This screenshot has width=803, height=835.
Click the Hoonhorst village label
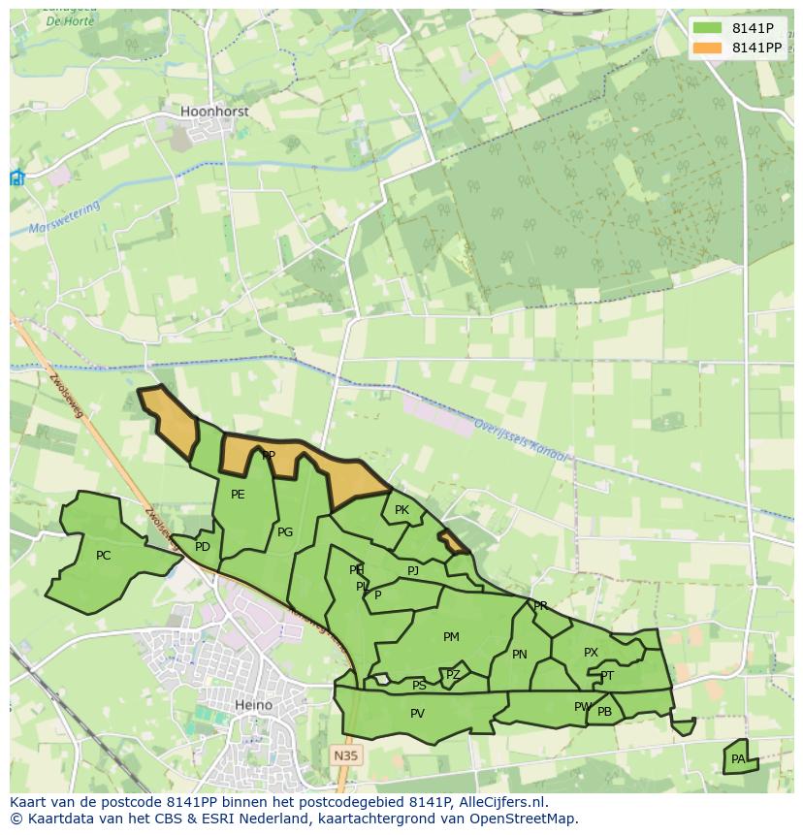coord(214,112)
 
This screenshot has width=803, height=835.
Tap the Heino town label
coord(253,705)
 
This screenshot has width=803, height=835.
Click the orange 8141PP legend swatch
coord(708,48)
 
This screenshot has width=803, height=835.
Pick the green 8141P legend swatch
coord(708,28)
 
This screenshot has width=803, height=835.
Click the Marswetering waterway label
coord(65,220)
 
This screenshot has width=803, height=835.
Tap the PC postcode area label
coord(104,556)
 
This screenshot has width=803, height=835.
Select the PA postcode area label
coord(738,758)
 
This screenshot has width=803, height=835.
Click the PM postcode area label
coord(451,637)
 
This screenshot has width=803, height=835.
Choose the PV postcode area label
coord(417,714)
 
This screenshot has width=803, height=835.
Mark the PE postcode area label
coord(238,495)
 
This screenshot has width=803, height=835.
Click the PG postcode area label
coord(285,532)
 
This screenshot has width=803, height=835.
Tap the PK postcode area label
coord(401,510)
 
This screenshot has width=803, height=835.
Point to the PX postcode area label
coord(591,653)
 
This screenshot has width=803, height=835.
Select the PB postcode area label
coord(604,712)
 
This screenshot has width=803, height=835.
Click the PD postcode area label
coord(202,547)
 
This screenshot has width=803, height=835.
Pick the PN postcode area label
coord(520,655)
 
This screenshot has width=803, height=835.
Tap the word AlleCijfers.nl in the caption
coord(500,802)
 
